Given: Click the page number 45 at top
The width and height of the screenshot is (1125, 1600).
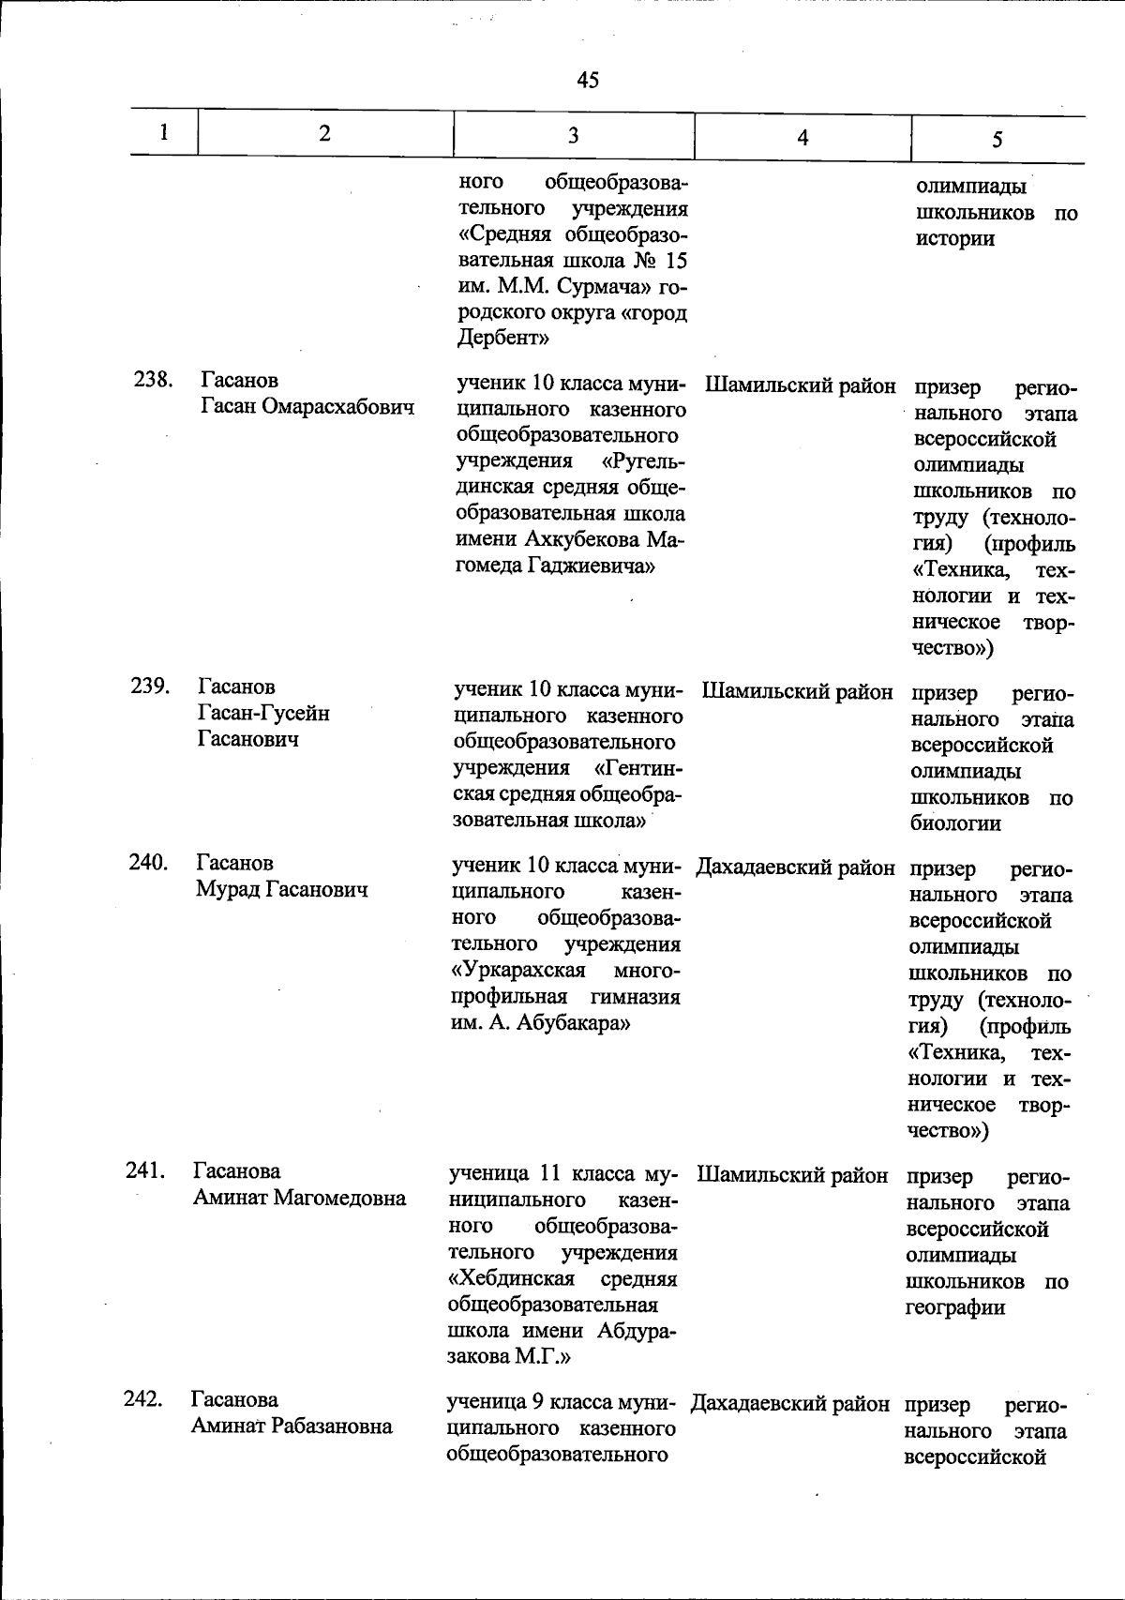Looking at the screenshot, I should click(x=588, y=80).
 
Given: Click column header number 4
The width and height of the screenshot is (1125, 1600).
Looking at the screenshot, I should click(x=802, y=137).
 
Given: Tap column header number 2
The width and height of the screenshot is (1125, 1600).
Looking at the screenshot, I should click(x=324, y=133).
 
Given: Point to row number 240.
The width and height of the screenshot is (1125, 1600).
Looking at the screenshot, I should click(x=148, y=862).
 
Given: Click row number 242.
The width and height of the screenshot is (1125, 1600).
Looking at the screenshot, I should click(x=143, y=1399).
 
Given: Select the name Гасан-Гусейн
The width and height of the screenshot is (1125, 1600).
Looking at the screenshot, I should click(x=263, y=713).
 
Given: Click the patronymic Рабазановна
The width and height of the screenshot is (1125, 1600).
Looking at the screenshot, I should click(x=331, y=1426).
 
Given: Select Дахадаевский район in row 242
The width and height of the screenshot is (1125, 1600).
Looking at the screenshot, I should click(x=790, y=1404).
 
